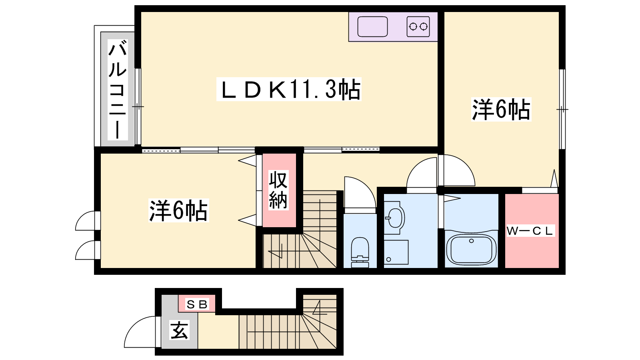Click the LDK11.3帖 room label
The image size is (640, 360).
pos(289,89)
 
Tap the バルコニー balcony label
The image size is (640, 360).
pos(118,90)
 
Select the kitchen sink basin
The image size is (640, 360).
pos(372,26)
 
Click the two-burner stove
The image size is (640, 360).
pos(418,26)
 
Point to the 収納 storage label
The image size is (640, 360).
pos(278,190)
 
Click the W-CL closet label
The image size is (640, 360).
pos(530,231)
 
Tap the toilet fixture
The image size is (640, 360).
pos(360,252)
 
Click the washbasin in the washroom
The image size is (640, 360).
pos(394,218)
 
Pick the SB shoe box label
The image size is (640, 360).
pos(197,304)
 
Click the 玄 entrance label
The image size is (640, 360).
pos(180,330)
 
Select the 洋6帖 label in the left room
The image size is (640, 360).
pos(178,210)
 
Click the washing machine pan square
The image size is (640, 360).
pos(396,252)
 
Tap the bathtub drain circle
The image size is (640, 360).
pos(472,241)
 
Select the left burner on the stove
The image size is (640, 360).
pos(413,26)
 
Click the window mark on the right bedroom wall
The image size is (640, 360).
pos(562,110)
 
